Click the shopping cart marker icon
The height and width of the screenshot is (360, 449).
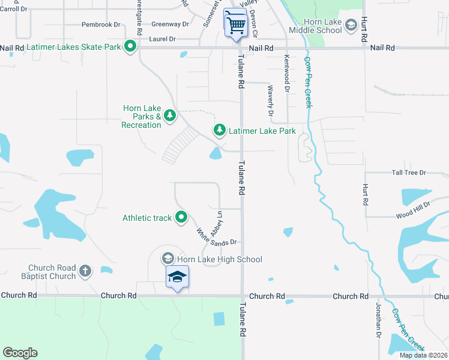pyautogui.click(x=235, y=24)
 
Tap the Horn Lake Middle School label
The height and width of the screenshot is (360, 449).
pyautogui.click(x=315, y=26)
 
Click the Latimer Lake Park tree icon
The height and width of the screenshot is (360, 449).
pyautogui.click(x=220, y=130)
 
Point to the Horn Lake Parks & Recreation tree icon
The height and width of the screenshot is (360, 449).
pyautogui.click(x=170, y=115)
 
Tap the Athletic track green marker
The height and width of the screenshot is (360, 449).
pyautogui.click(x=181, y=218)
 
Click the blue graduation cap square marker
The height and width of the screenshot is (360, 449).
pyautogui.click(x=177, y=277)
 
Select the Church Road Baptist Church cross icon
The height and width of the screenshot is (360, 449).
pyautogui.click(x=85, y=271)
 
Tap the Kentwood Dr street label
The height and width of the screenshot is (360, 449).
pyautogui.click(x=287, y=73)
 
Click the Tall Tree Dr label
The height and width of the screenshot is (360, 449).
pyautogui.click(x=409, y=173)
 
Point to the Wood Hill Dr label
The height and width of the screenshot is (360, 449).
pyautogui.click(x=413, y=211)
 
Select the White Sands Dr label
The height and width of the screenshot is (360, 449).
pyautogui.click(x=217, y=237)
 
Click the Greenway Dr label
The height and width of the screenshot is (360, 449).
pyautogui.click(x=170, y=25)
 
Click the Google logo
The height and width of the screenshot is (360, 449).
pyautogui.click(x=20, y=353)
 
